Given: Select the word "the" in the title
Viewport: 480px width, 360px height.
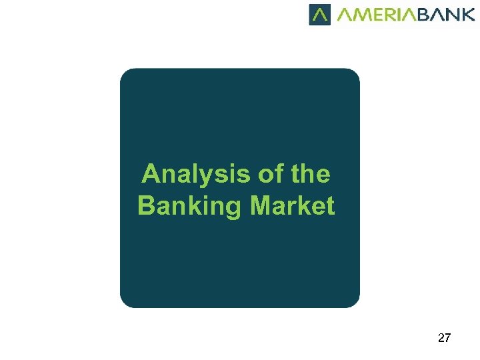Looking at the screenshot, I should (x=310, y=175).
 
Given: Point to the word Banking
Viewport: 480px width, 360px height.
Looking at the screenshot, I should (x=191, y=206).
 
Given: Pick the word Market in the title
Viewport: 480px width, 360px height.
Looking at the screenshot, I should (x=293, y=206).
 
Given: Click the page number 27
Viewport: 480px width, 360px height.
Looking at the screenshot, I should (x=444, y=338).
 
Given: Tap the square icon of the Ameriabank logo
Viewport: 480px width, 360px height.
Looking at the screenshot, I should (x=319, y=15).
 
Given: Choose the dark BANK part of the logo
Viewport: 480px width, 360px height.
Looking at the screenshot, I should (x=446, y=15).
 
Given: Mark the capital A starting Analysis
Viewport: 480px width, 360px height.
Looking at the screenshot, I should (x=151, y=175).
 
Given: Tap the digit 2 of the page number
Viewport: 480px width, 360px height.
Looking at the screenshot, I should (x=441, y=338).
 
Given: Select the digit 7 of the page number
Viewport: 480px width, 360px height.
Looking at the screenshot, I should (x=447, y=338).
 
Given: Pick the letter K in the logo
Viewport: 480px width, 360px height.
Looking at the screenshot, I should (x=467, y=15).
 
